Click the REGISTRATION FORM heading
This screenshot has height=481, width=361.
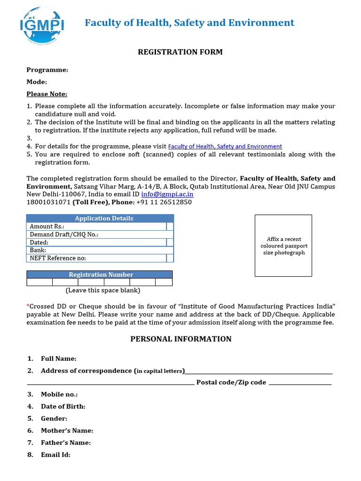(x=180, y=52)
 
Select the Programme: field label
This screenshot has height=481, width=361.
(x=47, y=70)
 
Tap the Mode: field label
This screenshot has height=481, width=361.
(x=37, y=82)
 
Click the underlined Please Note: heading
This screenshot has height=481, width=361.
(x=47, y=94)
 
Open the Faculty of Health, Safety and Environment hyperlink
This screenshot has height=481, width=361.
(x=225, y=147)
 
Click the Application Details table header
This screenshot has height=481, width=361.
(x=104, y=218)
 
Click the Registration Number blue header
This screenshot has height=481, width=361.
(x=101, y=275)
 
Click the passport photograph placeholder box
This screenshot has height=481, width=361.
(x=283, y=246)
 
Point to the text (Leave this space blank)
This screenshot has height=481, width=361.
(x=102, y=291)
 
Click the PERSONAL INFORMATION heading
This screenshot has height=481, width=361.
(x=180, y=339)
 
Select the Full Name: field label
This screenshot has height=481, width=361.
(x=58, y=359)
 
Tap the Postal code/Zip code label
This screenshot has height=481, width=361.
(x=231, y=382)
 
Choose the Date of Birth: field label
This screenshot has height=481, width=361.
(x=63, y=407)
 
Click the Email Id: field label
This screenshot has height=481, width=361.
(x=55, y=455)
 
